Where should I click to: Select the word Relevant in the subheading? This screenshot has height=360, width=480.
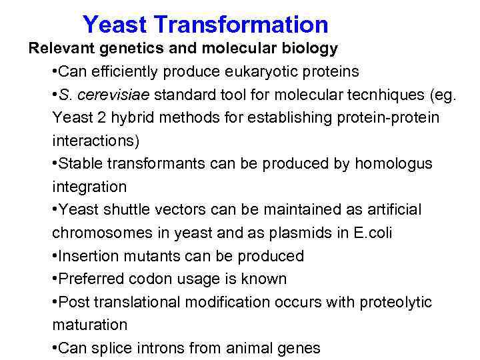[x=57, y=49]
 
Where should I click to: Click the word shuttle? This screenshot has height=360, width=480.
[x=125, y=210]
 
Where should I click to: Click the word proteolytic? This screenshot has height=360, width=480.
[x=396, y=302]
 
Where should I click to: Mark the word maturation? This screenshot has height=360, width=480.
[x=89, y=325]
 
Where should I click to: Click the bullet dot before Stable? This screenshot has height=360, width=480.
[x=55, y=164]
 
